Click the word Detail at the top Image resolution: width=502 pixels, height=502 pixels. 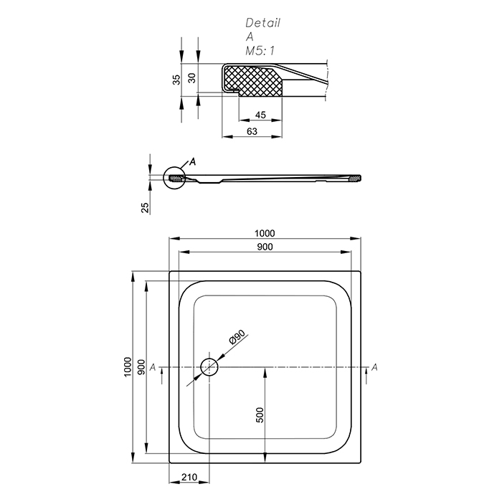click(263, 23)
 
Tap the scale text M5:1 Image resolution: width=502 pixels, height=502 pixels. click(260, 51)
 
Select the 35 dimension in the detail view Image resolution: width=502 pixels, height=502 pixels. click(176, 80)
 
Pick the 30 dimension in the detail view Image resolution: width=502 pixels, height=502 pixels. click(191, 77)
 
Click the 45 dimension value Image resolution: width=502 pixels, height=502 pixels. click(260, 115)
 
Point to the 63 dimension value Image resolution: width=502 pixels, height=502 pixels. click(252, 131)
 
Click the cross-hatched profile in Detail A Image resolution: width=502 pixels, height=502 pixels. click(253, 80)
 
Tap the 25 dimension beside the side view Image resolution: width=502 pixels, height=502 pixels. click(145, 207)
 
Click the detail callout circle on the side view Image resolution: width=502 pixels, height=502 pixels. click(174, 178)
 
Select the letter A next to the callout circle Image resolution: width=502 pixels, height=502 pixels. click(192, 161)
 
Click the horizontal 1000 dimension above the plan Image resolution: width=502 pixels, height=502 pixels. click(265, 233)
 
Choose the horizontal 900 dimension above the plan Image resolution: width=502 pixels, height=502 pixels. click(265, 247)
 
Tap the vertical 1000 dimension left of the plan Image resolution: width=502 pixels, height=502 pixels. click(128, 367)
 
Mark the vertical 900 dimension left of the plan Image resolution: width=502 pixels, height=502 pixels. click(141, 367)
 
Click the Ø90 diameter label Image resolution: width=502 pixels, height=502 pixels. click(237, 337)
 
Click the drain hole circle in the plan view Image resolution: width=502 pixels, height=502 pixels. click(209, 367)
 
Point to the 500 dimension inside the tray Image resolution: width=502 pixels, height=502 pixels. click(260, 415)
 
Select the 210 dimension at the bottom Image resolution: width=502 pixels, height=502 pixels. click(189, 477)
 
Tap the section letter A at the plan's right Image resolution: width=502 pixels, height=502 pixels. click(374, 367)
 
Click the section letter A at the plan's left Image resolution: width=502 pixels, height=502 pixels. click(153, 367)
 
